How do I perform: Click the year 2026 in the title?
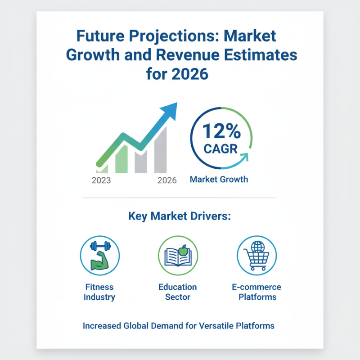coord(189,73)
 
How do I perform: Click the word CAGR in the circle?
coord(220,148)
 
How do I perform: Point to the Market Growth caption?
coord(219,180)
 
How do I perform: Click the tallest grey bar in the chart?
coord(161,151)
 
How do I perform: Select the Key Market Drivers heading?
coord(180,216)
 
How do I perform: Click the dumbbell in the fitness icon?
coord(99,246)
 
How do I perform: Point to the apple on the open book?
coord(183,248)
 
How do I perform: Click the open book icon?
coord(178,257)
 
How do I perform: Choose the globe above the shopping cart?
coord(257,246)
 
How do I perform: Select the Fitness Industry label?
coord(99,292)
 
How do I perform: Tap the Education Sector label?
coord(178,292)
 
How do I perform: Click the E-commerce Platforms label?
coord(256,292)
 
